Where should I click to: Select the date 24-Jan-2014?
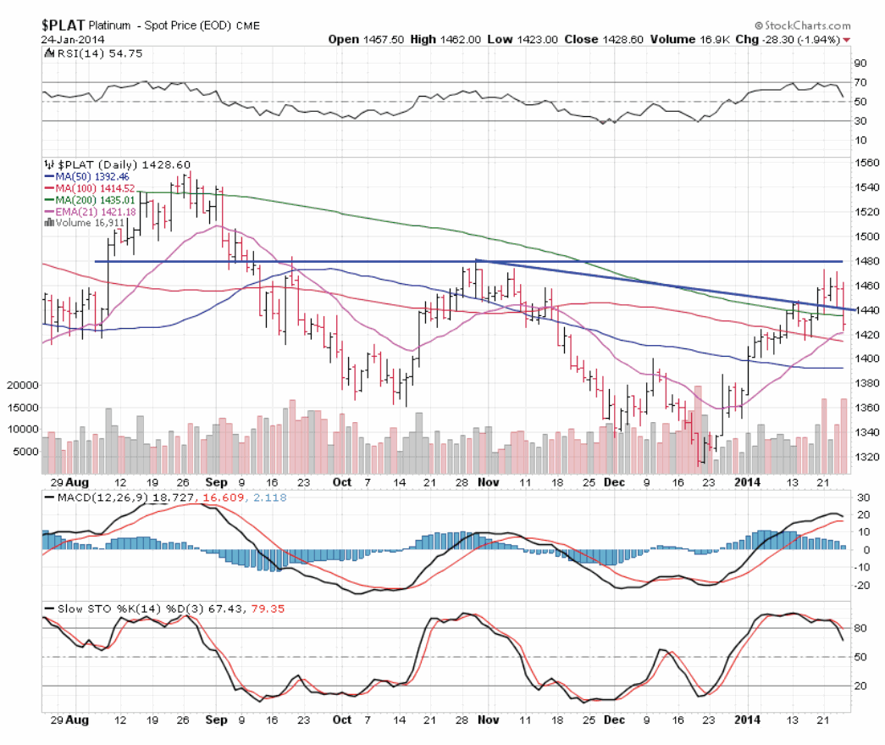tap(71, 39)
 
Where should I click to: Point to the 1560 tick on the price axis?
tap(863, 163)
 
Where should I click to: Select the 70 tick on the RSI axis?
tap(860, 82)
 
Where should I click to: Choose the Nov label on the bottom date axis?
tap(488, 719)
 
